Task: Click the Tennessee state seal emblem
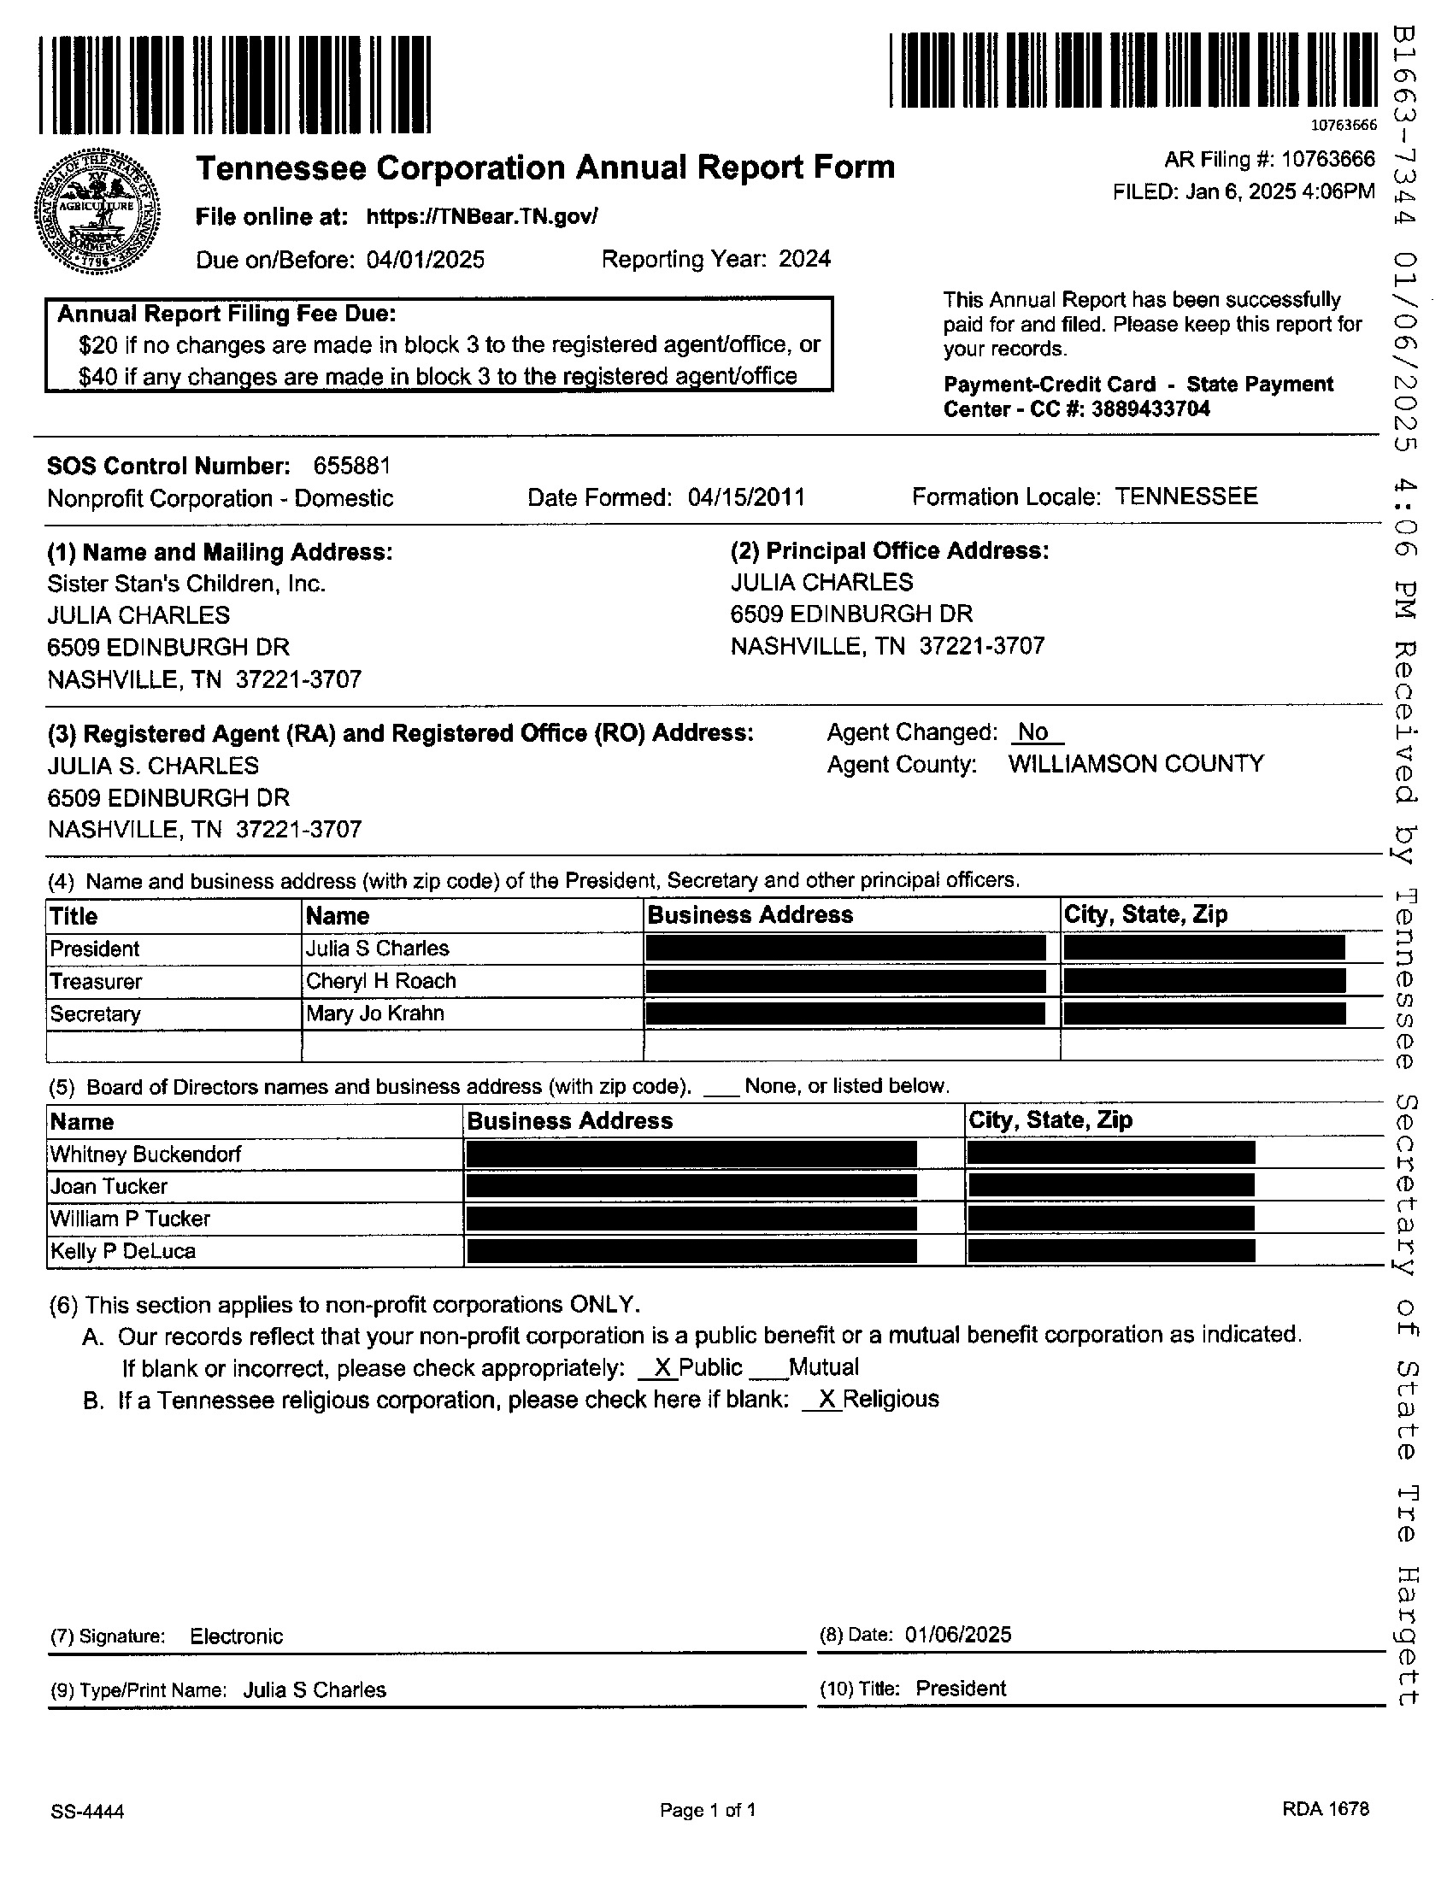pos(97,210)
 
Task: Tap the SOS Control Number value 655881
pos(351,466)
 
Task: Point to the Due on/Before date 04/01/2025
pos(426,260)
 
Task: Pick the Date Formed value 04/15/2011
pos(746,497)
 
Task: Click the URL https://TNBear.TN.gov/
pos(481,216)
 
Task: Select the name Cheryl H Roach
pos(380,981)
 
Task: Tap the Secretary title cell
pos(95,1014)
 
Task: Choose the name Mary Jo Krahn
pos(374,1014)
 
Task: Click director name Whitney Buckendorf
pos(145,1154)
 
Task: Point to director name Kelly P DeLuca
pos(123,1252)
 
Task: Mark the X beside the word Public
pos(662,1368)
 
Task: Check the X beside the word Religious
pos(827,1400)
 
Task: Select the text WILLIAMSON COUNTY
pos(1135,765)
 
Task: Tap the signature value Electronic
pos(236,1636)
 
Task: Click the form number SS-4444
pos(87,1812)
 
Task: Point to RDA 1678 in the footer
pos(1325,1808)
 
